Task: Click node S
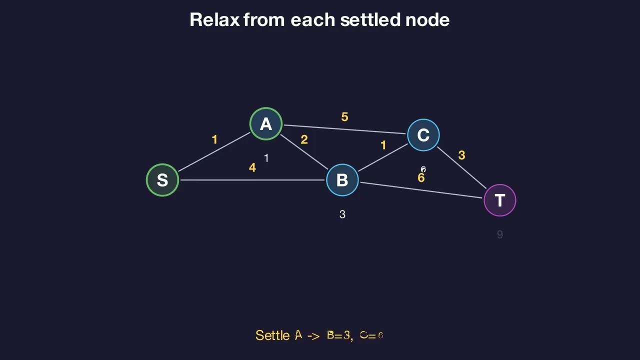point(162,180)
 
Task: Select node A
point(266,124)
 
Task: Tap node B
point(342,180)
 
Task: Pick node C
point(423,135)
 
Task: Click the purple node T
point(500,200)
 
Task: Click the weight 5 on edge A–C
point(344,117)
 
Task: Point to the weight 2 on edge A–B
point(304,140)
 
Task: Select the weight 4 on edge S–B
point(252,168)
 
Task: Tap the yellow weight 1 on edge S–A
point(214,140)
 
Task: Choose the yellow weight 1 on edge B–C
point(383,145)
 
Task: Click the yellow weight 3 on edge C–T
point(461,156)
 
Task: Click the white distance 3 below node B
point(342,214)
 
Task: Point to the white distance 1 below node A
point(266,158)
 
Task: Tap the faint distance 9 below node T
point(500,234)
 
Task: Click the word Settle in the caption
point(272,335)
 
